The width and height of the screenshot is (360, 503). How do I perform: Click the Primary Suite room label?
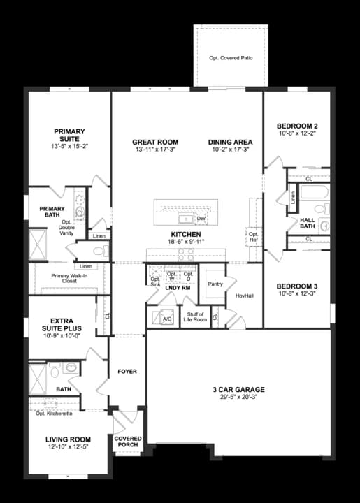[69, 135]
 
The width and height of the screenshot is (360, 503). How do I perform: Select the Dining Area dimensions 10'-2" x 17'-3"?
[230, 150]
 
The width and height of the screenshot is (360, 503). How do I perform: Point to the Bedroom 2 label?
[297, 126]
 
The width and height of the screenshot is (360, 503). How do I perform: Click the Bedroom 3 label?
[297, 286]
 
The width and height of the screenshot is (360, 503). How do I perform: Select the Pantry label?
[215, 284]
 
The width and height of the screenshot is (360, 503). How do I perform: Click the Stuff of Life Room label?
[195, 316]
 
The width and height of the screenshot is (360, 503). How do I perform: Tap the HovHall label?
[244, 296]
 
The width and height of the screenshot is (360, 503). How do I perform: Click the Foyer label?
[127, 371]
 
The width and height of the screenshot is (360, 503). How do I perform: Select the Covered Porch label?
[128, 442]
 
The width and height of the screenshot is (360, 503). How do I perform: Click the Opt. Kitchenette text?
[54, 414]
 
